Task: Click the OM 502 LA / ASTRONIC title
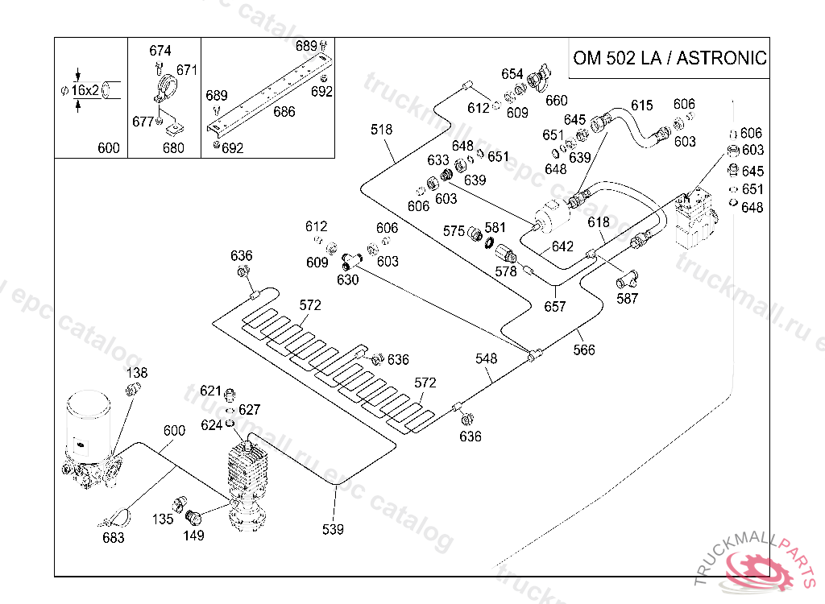pos(669,58)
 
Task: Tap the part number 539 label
pos(332,529)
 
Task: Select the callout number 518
pos(382,129)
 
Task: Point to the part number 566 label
pos(585,350)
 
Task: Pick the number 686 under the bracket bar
pos(284,113)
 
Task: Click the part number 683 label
pos(113,537)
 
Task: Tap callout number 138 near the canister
pos(138,373)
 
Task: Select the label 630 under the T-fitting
pos(348,279)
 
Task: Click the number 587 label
pos(627,298)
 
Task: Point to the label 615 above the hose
pos(641,105)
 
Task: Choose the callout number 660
pos(556,101)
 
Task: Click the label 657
pos(555,306)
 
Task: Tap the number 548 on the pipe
pos(487,358)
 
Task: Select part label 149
pos(193,534)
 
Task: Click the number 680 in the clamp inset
pos(172,147)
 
